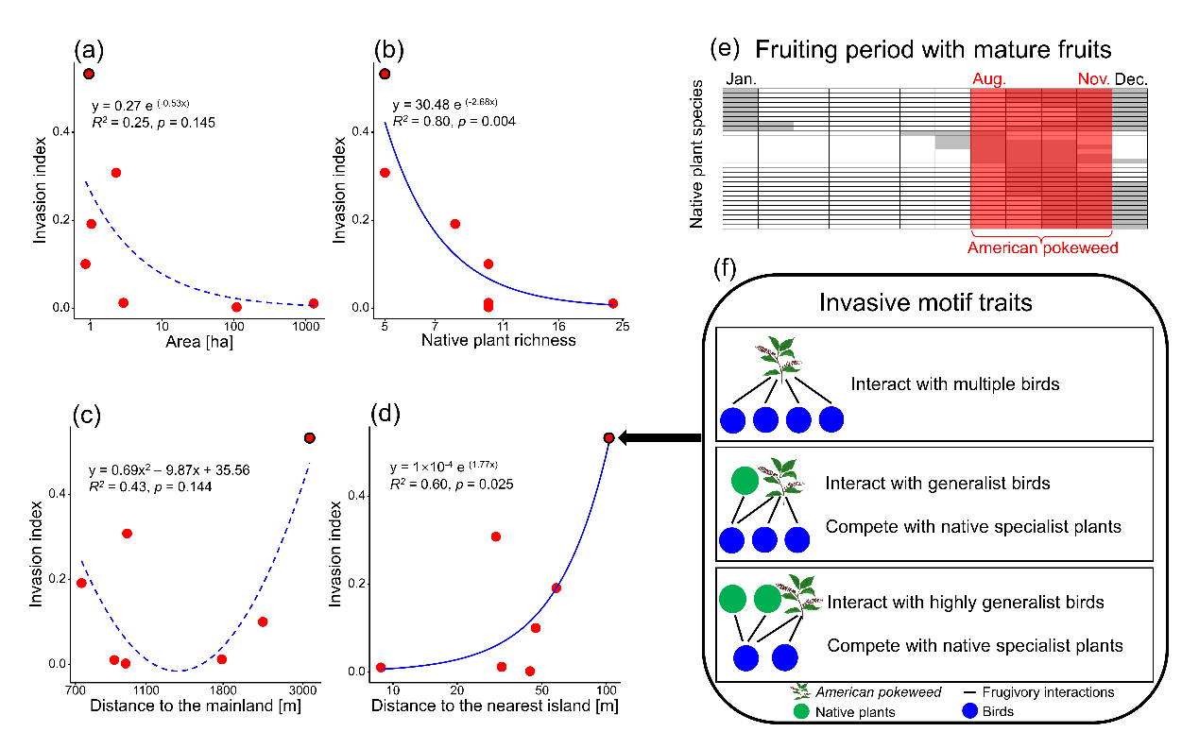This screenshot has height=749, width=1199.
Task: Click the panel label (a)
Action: click(89, 50)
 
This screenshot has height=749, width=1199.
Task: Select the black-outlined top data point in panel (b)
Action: click(385, 74)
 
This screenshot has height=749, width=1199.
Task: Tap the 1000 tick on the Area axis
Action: click(305, 326)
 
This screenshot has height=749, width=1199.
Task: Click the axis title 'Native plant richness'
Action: click(498, 340)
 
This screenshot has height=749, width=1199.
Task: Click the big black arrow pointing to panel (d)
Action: click(659, 437)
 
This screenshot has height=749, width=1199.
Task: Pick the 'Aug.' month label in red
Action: click(988, 79)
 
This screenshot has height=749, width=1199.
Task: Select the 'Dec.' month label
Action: click(1131, 79)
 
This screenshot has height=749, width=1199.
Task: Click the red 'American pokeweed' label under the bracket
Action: click(1043, 247)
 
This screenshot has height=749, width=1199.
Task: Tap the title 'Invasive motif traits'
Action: click(926, 302)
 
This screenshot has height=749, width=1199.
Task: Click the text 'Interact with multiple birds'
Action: click(955, 384)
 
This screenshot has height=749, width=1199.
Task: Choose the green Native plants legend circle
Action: click(801, 711)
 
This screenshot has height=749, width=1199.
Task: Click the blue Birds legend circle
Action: click(970, 711)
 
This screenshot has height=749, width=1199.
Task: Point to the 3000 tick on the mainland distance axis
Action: click(303, 690)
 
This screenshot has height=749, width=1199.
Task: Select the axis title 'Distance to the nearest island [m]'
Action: click(494, 706)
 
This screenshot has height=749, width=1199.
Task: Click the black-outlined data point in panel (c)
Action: click(309, 438)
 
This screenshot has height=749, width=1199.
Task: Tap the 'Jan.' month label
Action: click(741, 79)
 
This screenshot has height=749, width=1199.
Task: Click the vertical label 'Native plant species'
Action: click(695, 154)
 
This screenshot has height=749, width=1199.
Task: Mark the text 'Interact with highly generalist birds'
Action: click(965, 603)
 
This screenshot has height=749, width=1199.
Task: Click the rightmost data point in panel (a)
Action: click(314, 303)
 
